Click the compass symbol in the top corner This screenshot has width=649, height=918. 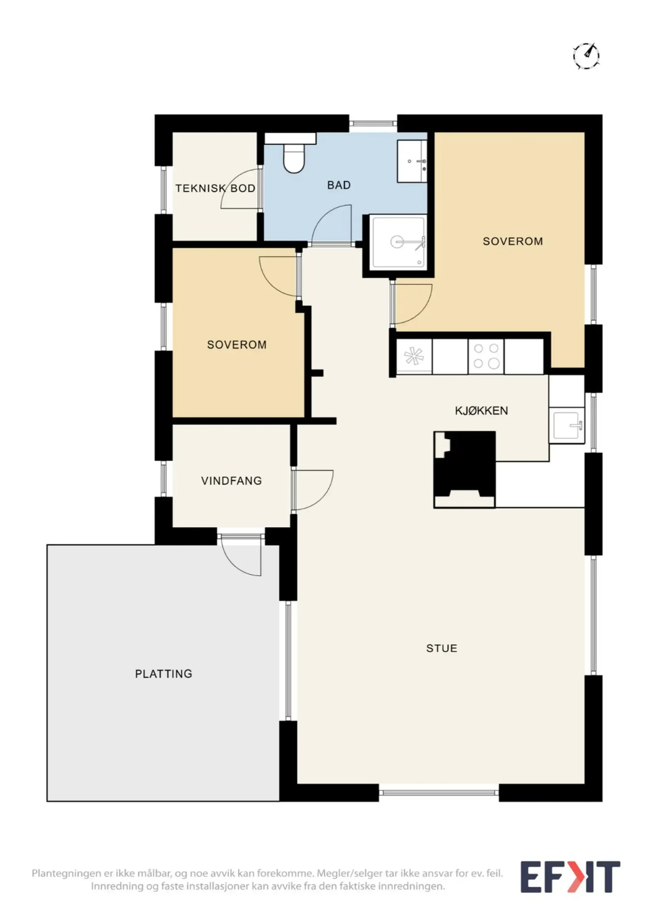(x=586, y=56)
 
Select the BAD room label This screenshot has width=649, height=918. (x=339, y=185)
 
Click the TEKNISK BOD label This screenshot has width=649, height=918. (x=215, y=188)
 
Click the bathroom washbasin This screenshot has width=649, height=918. (x=412, y=161)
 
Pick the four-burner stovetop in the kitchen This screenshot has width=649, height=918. (x=486, y=356)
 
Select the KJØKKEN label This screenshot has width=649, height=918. (x=482, y=411)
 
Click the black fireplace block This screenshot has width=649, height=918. (x=465, y=469)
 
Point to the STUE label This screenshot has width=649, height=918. (x=442, y=648)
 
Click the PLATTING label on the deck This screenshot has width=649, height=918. (x=164, y=674)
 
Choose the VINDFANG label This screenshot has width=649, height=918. (x=232, y=481)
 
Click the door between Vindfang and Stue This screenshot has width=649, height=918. (x=312, y=490)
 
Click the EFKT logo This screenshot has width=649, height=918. (x=570, y=877)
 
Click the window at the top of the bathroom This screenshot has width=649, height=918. (x=373, y=124)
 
